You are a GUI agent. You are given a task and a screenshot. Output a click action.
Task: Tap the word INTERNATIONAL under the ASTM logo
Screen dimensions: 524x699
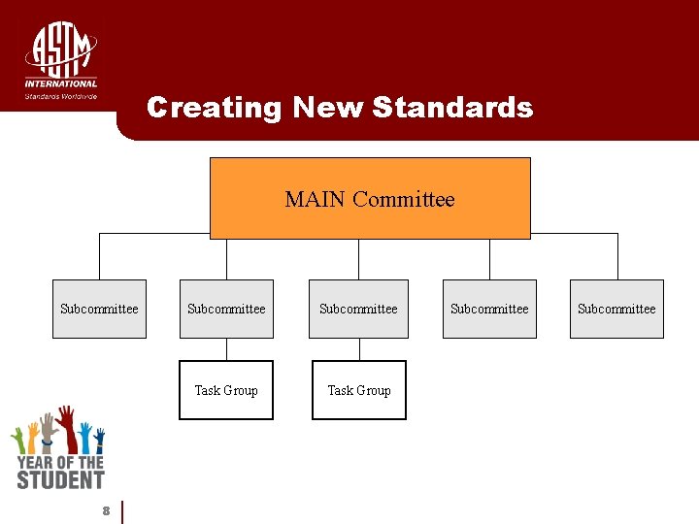pyautogui.click(x=61, y=83)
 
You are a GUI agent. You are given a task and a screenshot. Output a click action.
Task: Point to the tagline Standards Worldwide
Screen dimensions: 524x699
pyautogui.click(x=61, y=96)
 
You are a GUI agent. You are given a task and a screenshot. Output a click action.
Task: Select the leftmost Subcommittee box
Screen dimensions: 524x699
pyautogui.click(x=99, y=309)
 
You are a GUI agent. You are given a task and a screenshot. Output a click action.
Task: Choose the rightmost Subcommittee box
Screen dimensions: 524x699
pyautogui.click(x=616, y=309)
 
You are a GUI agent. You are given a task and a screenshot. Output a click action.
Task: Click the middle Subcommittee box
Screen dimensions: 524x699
pyautogui.click(x=358, y=309)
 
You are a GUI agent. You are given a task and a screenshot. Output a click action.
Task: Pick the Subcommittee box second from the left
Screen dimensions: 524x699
pyautogui.click(x=226, y=309)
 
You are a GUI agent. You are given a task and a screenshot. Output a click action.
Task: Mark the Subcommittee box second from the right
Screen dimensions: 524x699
pyautogui.click(x=489, y=309)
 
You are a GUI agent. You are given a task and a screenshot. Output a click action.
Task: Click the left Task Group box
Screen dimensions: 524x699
pyautogui.click(x=226, y=390)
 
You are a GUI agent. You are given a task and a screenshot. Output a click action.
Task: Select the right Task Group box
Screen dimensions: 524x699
pyautogui.click(x=359, y=390)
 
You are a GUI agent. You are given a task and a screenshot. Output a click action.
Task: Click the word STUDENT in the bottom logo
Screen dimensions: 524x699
pyautogui.click(x=60, y=478)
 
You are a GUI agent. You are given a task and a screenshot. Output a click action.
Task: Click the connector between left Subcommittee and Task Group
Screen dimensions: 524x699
pyautogui.click(x=226, y=349)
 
